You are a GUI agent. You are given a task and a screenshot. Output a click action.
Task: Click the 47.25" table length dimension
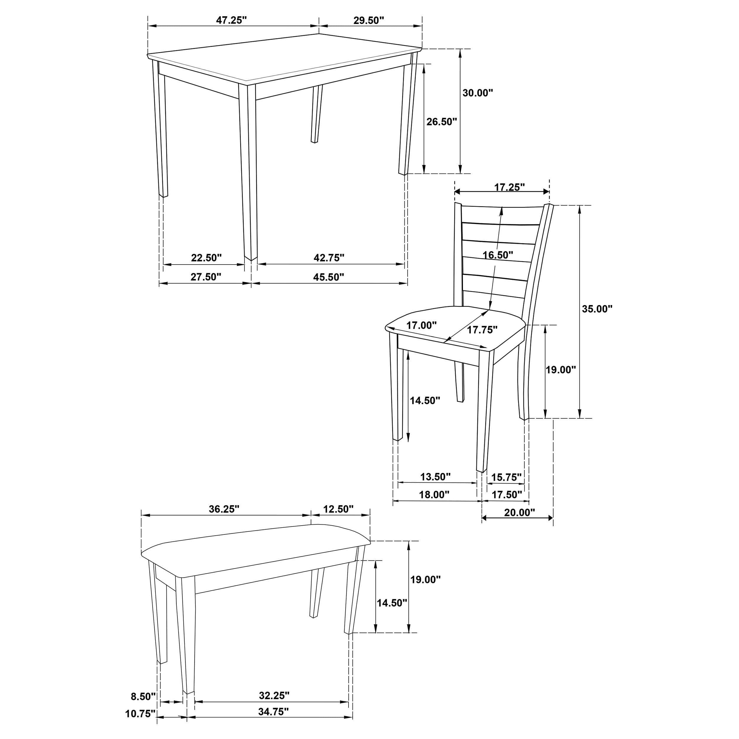231,20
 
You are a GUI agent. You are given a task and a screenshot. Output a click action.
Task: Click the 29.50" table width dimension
368,20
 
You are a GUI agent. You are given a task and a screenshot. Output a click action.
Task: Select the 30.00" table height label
478,93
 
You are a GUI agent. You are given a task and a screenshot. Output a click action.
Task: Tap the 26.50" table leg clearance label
442,122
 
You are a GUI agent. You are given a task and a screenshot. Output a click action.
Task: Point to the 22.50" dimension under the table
206,258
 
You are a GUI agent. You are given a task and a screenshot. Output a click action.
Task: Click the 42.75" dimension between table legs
329,258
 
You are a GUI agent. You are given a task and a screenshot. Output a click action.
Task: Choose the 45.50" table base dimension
329,277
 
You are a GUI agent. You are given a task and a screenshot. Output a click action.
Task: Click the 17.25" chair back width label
510,187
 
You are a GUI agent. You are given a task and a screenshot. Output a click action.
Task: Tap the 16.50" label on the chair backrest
497,255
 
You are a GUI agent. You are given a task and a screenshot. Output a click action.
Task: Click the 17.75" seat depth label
482,330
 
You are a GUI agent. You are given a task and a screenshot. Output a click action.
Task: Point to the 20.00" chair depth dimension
519,513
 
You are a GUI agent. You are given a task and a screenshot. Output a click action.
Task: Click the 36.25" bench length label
224,509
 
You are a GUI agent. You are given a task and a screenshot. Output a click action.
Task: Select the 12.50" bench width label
338,509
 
